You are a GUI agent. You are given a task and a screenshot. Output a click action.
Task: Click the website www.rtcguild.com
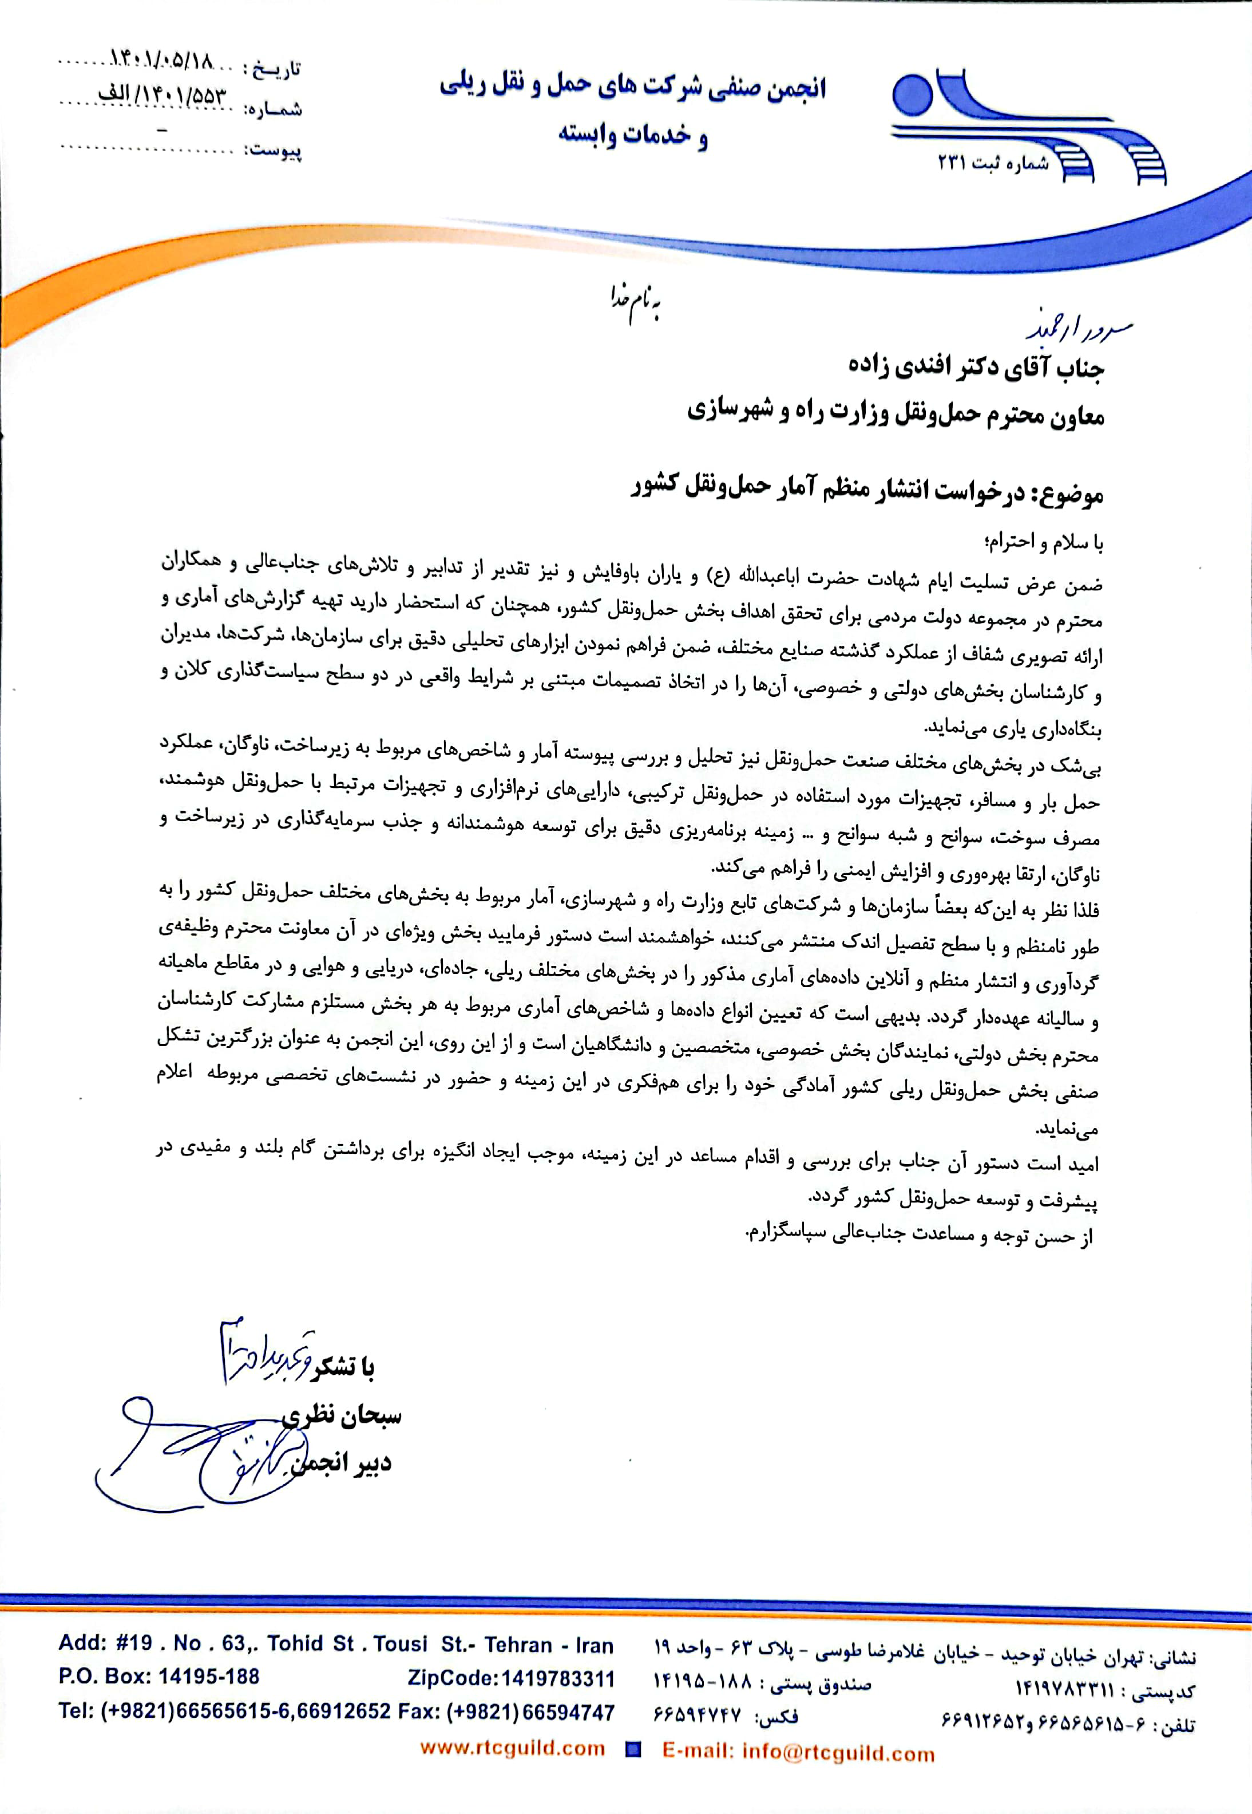click(512, 1748)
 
